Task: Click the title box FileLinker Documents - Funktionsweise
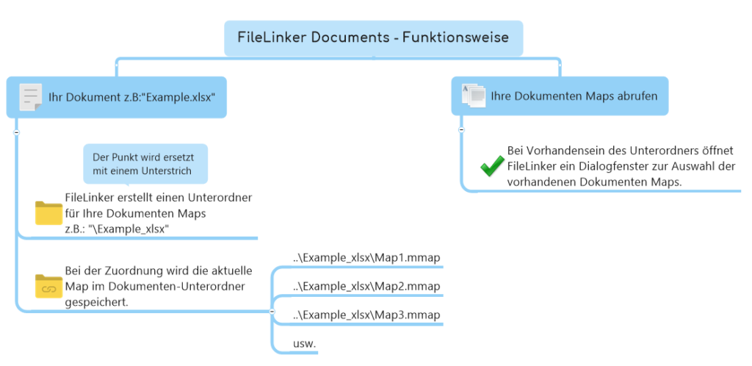[373, 37]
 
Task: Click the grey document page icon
[30, 98]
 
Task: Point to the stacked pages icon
[474, 95]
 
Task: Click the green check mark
[491, 166]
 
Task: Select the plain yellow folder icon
[49, 212]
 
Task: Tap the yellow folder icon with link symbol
[49, 286]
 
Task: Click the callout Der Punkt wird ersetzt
[145, 164]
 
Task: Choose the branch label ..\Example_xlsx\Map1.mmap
[366, 257]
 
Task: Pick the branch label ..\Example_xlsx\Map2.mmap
[366, 286]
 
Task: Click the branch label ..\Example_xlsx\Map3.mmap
[366, 315]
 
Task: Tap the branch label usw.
[304, 344]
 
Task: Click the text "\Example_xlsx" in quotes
[129, 229]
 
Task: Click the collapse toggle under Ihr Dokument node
[16, 132]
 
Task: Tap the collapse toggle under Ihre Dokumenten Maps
[461, 129]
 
